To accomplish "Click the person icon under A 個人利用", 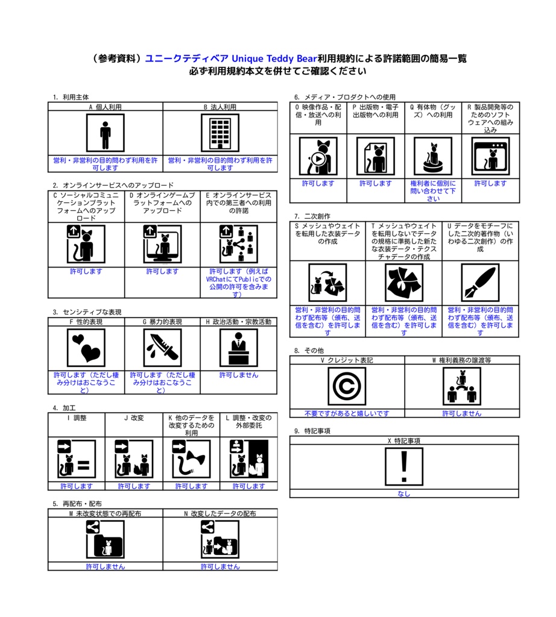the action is click(105, 133).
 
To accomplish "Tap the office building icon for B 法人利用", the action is click(220, 133).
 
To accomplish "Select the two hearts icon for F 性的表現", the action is click(86, 348).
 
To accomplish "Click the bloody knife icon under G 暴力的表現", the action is click(162, 348).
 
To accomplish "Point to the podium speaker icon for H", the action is click(239, 348).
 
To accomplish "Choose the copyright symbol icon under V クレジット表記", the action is click(347, 386).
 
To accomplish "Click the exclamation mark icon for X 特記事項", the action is click(404, 466).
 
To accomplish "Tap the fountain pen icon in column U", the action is click(480, 283).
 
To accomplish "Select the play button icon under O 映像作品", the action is click(318, 156).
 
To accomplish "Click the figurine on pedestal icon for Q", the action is click(433, 156).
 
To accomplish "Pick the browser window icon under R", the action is click(490, 156).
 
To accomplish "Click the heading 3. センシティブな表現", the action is click(87, 312).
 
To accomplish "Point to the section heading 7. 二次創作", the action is click(312, 216).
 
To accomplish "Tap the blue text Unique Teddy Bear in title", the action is click(274, 58).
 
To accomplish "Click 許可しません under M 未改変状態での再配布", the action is click(105, 566).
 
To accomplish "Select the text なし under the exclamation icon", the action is click(404, 493).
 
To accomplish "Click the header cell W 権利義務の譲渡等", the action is click(461, 360).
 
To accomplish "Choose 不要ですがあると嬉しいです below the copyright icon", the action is click(347, 413).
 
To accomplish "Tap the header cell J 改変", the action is click(134, 418).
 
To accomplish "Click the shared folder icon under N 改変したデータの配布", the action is click(220, 539).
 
